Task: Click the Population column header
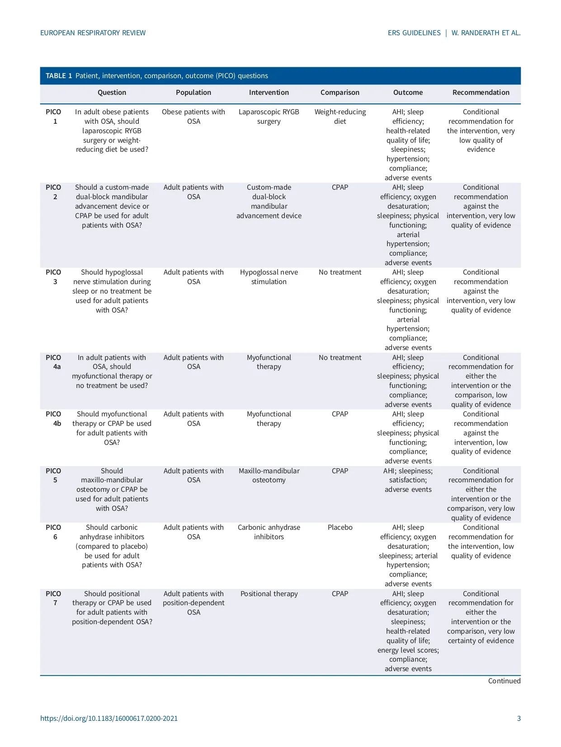(x=193, y=93)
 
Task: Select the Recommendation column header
(x=481, y=93)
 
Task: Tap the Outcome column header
(x=408, y=93)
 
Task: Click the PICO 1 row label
(x=54, y=117)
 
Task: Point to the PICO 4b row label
(x=54, y=419)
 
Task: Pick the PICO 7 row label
(x=54, y=598)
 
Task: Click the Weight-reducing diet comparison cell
(x=340, y=117)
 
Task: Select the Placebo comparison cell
(x=340, y=528)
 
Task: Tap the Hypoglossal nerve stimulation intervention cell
(x=269, y=277)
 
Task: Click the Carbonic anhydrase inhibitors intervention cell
(x=269, y=532)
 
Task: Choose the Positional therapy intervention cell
(x=269, y=594)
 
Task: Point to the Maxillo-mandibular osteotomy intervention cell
(x=269, y=476)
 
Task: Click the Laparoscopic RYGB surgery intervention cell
(x=269, y=117)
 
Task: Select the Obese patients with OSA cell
(x=193, y=117)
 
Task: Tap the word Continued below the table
(x=504, y=681)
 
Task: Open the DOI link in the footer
(x=109, y=719)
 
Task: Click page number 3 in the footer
(x=519, y=719)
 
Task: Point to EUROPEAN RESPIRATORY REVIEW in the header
(x=93, y=33)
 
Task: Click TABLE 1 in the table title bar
(x=59, y=76)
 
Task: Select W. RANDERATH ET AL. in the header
(x=486, y=33)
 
